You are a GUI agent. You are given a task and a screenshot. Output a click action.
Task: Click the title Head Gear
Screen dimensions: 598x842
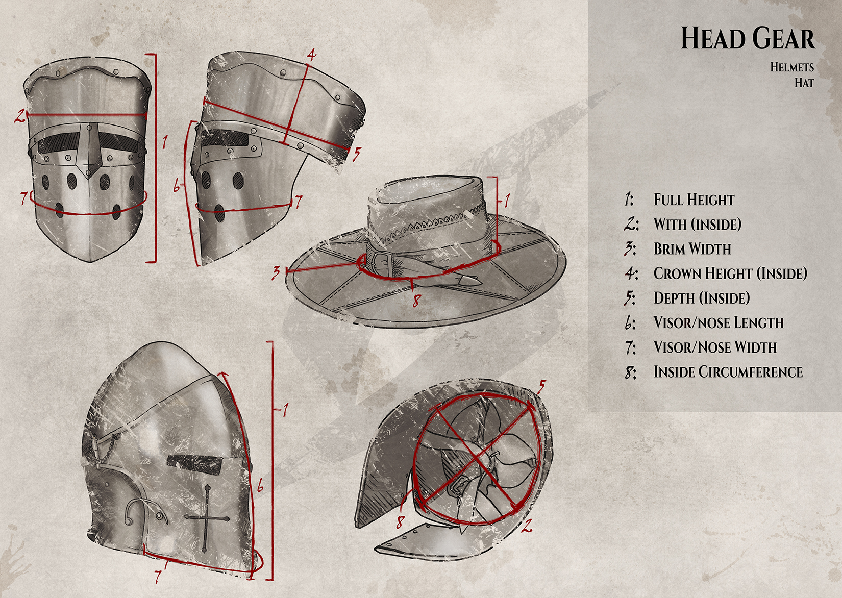coord(747,39)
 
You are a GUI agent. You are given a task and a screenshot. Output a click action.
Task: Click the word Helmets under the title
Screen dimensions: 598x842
coord(791,67)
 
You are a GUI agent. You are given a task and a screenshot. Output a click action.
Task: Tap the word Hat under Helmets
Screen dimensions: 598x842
coord(804,83)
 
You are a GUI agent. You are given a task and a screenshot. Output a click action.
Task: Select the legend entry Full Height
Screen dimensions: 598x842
coord(694,200)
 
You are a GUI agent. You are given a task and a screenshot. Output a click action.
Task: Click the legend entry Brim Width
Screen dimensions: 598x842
coord(692,249)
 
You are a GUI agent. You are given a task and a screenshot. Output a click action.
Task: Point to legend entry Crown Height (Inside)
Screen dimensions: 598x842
coord(730,273)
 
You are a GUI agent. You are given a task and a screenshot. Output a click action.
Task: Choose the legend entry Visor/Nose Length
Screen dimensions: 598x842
coord(718,322)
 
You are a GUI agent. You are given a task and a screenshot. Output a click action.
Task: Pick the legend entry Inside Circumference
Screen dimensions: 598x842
coord(728,372)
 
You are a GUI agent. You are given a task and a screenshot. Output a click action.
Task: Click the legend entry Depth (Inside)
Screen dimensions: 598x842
coord(701,298)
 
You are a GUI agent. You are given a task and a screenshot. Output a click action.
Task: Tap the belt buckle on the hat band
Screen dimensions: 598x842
coord(381,264)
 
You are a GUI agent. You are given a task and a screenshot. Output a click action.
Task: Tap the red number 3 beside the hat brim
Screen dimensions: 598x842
coord(276,272)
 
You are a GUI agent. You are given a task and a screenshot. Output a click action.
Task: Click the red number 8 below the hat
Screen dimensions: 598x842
coord(416,301)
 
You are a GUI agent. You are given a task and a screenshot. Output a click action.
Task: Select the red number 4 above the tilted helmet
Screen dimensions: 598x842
coord(311,55)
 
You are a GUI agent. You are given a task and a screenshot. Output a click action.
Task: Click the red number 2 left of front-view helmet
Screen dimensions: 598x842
coord(19,116)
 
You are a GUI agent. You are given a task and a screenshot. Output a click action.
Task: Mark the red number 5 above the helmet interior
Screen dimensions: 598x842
coord(541,386)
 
